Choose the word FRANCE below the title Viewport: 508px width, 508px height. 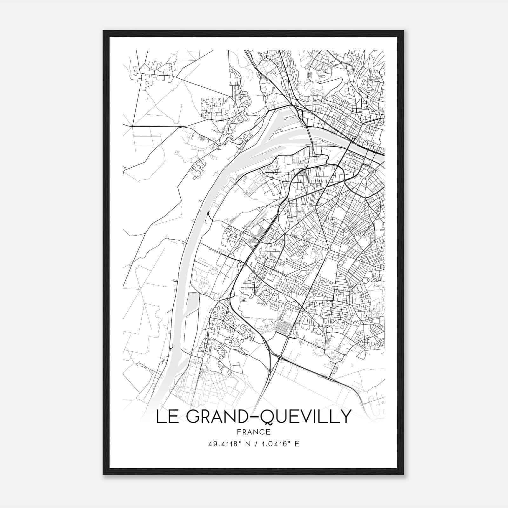[x=254, y=432]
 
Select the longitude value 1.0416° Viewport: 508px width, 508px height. [x=275, y=444]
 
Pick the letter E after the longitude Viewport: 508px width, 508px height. [x=297, y=444]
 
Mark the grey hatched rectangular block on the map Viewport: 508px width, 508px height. [x=283, y=328]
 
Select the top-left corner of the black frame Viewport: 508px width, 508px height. [x=104, y=31]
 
